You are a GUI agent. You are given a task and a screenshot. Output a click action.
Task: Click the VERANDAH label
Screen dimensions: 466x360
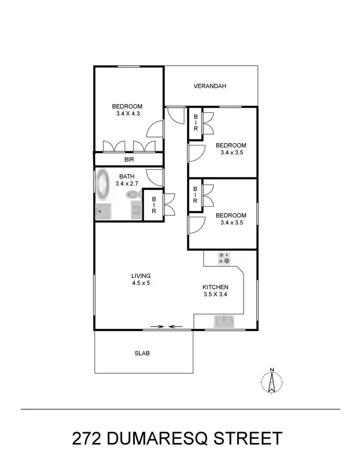tap(210, 87)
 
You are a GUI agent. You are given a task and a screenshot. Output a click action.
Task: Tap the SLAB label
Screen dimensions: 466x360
tap(142, 353)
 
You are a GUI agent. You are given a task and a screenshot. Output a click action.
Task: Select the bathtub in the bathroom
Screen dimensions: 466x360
tap(103, 185)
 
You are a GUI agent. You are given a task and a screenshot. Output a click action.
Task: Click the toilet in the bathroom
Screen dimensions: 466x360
tap(133, 195)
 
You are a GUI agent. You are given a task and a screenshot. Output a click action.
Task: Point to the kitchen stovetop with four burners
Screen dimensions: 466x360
tap(225, 258)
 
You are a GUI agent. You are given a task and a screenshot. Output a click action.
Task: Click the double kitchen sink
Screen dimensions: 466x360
tap(224, 321)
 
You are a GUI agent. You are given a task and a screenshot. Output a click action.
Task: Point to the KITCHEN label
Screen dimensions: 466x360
tap(216, 287)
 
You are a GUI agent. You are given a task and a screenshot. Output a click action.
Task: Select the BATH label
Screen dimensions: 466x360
tap(127, 176)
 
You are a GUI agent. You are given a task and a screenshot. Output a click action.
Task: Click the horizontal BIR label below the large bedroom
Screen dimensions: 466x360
tap(129, 160)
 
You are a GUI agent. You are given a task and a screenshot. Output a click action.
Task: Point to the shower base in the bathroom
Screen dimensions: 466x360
tap(103, 212)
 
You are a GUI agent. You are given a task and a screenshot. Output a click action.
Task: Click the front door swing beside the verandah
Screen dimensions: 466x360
tap(174, 115)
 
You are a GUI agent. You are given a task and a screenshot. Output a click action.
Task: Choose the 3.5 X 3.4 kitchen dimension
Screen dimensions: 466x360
tap(216, 295)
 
